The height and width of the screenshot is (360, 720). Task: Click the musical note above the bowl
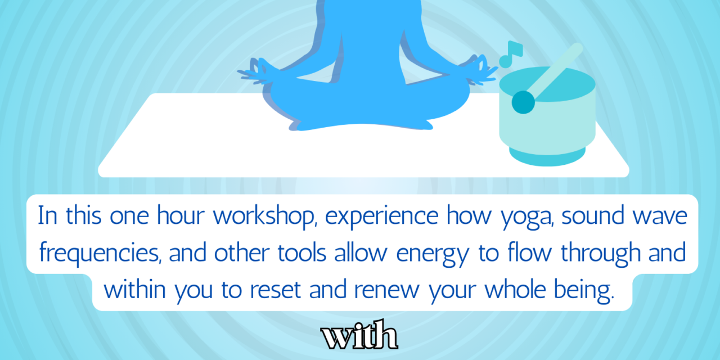pos(511,55)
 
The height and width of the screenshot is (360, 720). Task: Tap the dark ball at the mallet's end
pos(523,102)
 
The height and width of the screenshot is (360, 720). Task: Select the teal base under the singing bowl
pos(547,157)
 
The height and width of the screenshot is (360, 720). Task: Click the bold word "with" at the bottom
pos(359,335)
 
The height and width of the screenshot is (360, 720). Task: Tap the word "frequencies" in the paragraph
pos(100,254)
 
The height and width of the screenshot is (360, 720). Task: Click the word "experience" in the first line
pos(381,217)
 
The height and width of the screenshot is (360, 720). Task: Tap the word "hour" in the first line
pos(181,215)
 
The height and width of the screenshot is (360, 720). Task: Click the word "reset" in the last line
pos(276,290)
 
